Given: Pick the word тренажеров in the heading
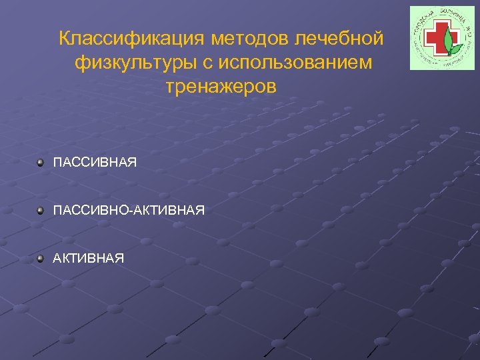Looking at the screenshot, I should click(x=221, y=87).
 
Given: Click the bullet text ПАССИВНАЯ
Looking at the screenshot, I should click(x=95, y=163).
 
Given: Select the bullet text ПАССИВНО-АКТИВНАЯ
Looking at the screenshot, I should click(x=129, y=211).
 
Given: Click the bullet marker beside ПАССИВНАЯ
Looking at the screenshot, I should click(x=41, y=163).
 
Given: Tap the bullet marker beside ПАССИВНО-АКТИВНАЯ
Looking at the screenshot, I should click(x=41, y=211).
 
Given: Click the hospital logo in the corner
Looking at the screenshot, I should click(x=437, y=38).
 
